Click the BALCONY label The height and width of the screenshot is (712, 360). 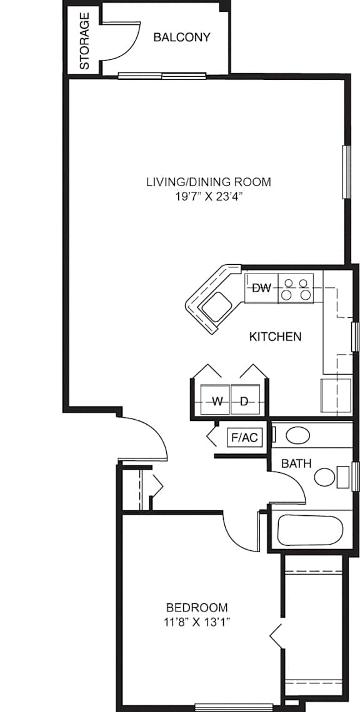coord(182,37)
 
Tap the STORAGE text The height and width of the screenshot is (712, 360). coord(84,41)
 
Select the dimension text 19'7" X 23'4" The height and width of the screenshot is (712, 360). coord(208,197)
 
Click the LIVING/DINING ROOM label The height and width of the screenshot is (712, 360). coord(209,182)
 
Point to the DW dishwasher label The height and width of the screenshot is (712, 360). coord(261,288)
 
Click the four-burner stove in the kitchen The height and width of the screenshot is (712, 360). coord(296,289)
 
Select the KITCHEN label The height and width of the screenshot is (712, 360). coord(276,337)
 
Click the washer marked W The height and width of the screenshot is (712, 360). coord(216,399)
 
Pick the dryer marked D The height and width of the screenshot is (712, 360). coord(246,399)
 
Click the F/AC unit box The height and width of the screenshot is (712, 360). coord(245,438)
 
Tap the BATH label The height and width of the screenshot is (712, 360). coord(296,463)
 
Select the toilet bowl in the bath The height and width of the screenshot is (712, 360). coord(325,477)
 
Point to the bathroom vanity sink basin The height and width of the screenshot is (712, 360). coord(297,435)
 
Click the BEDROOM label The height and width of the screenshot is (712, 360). coord(197,608)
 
